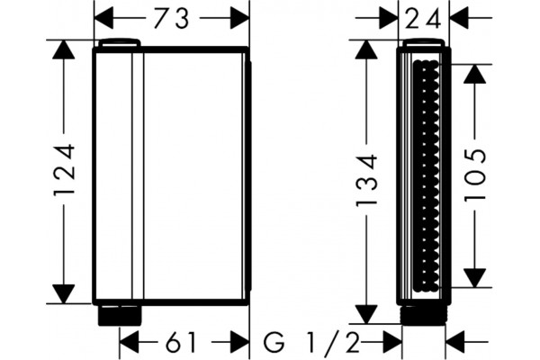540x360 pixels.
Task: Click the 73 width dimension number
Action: point(172,18)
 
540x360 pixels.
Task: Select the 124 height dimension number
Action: point(64,170)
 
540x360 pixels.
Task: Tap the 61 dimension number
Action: point(181,342)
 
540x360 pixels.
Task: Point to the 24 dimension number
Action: point(423,18)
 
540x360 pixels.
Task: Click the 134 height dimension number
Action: point(366,180)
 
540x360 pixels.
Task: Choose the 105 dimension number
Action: point(475,175)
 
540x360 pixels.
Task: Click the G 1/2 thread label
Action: point(311,342)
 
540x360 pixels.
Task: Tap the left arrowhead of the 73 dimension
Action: point(104,18)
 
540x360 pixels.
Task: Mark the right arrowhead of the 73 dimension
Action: point(239,18)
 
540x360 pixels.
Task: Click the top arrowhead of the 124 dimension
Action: point(63,50)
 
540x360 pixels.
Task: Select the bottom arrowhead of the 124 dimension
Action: point(63,294)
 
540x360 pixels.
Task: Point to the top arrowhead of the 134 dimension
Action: point(366,50)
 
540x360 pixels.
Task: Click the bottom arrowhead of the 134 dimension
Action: point(366,314)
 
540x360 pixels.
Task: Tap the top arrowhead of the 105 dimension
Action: point(474,74)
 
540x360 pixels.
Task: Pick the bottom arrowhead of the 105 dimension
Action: point(474,277)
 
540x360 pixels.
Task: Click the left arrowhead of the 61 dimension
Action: point(129,342)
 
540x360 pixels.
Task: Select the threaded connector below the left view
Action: point(120,315)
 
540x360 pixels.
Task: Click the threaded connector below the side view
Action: point(424,314)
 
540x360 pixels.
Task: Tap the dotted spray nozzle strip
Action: point(426,175)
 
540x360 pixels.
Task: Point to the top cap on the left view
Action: point(119,42)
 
